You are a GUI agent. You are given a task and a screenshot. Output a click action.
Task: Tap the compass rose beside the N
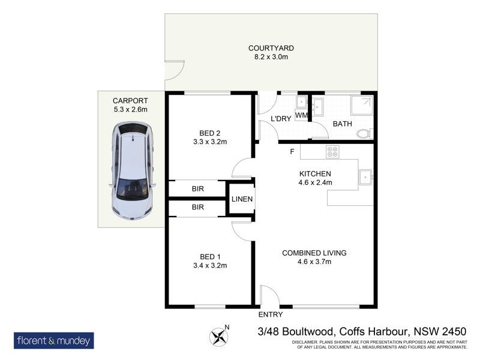(217, 334)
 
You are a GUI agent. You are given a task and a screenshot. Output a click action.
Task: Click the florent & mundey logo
(54, 340)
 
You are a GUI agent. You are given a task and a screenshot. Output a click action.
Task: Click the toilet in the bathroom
(363, 133)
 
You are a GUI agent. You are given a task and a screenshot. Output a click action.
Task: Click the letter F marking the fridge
(292, 151)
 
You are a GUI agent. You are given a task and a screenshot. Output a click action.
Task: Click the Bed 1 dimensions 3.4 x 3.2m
(209, 265)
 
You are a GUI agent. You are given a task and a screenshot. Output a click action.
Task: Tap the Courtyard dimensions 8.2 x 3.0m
(272, 58)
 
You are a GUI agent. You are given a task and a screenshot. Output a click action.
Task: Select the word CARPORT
(130, 101)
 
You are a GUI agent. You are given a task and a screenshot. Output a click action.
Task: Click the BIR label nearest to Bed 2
(197, 189)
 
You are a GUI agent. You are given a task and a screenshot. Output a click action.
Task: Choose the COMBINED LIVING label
(314, 253)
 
